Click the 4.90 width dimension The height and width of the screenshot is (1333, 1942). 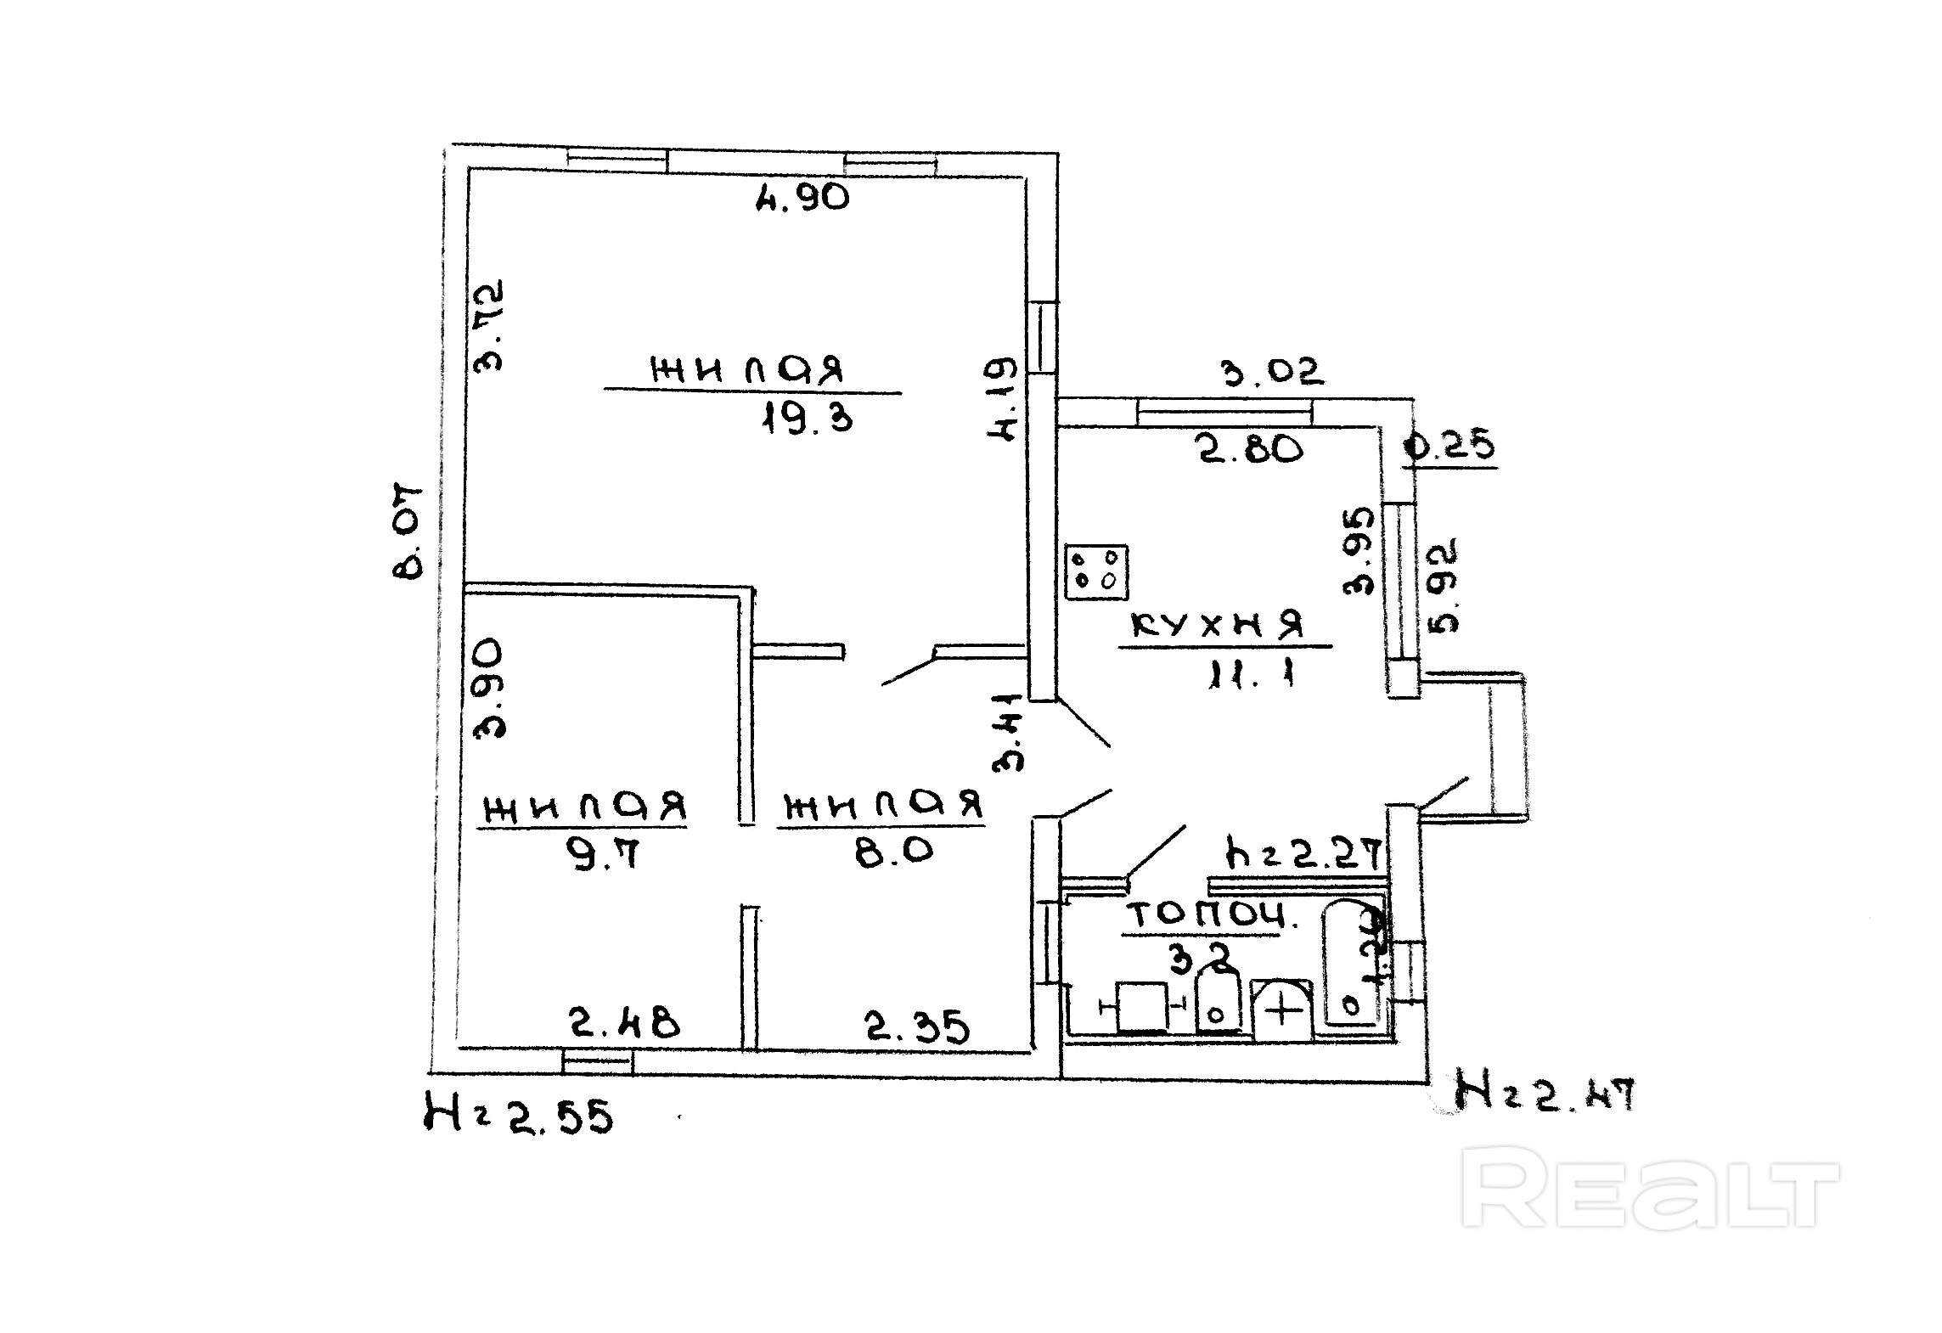tap(802, 198)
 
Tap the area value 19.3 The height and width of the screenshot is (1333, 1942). tap(806, 419)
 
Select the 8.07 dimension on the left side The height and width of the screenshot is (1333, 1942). tap(408, 532)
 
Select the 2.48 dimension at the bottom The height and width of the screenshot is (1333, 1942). tap(624, 1023)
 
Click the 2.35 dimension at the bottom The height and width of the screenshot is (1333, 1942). tap(917, 1027)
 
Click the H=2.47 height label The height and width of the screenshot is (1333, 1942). tap(1544, 1094)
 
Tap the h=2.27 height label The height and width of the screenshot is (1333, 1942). tap(1302, 853)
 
